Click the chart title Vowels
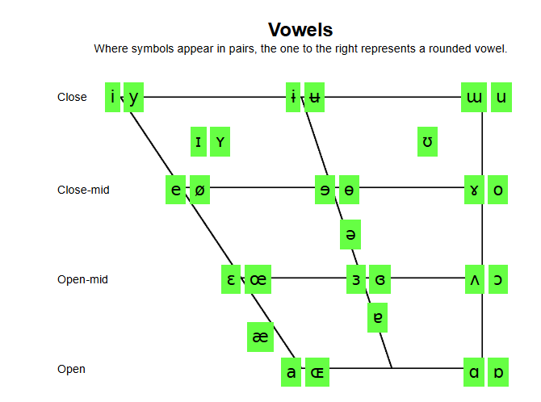pos(300,30)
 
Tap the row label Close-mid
pos(83,191)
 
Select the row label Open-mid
pos(82,280)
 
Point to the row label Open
pos(71,370)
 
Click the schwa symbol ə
pos(350,234)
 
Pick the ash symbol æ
pos(260,337)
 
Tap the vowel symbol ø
pos(199,191)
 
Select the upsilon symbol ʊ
pos(428,142)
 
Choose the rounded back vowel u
pos(501,97)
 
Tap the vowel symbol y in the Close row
pos(133,97)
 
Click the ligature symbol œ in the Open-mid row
pos(258,279)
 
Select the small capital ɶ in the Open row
pos(317,373)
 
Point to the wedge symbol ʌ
pos(475,279)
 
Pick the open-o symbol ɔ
pos(499,279)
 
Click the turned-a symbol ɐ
pos(377,317)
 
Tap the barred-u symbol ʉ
pos(315,97)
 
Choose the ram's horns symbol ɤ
pos(474,191)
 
